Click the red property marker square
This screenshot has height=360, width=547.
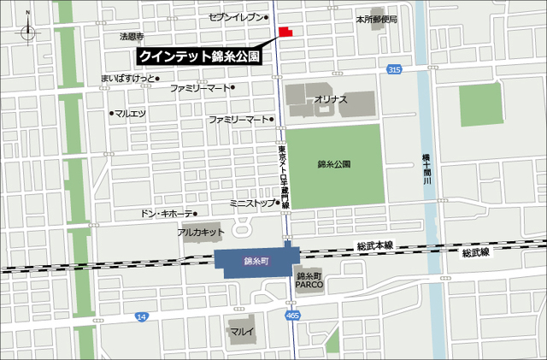285,32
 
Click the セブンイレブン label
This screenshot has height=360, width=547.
239,17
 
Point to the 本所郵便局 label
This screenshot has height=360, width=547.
377,18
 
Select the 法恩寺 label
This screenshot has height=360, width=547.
132,37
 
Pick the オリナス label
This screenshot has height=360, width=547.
331,100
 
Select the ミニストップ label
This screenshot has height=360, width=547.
252,204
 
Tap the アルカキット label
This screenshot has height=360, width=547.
201,232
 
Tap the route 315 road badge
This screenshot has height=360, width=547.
393,68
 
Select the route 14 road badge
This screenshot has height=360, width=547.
142,316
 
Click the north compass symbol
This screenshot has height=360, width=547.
29,29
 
